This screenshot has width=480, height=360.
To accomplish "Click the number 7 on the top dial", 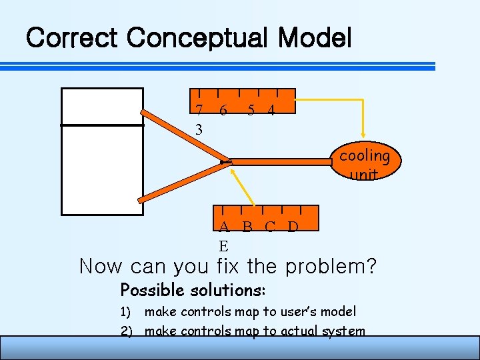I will [x=199, y=111].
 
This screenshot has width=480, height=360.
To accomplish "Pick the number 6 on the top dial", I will [x=223, y=111].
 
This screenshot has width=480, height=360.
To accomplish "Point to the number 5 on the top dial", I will [x=251, y=111].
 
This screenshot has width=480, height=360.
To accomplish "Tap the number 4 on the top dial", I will [x=271, y=111].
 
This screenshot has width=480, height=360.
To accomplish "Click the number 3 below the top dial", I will [x=199, y=129].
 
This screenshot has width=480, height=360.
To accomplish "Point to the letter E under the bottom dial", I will [x=225, y=245].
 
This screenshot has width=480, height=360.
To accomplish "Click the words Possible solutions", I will [x=193, y=291].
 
